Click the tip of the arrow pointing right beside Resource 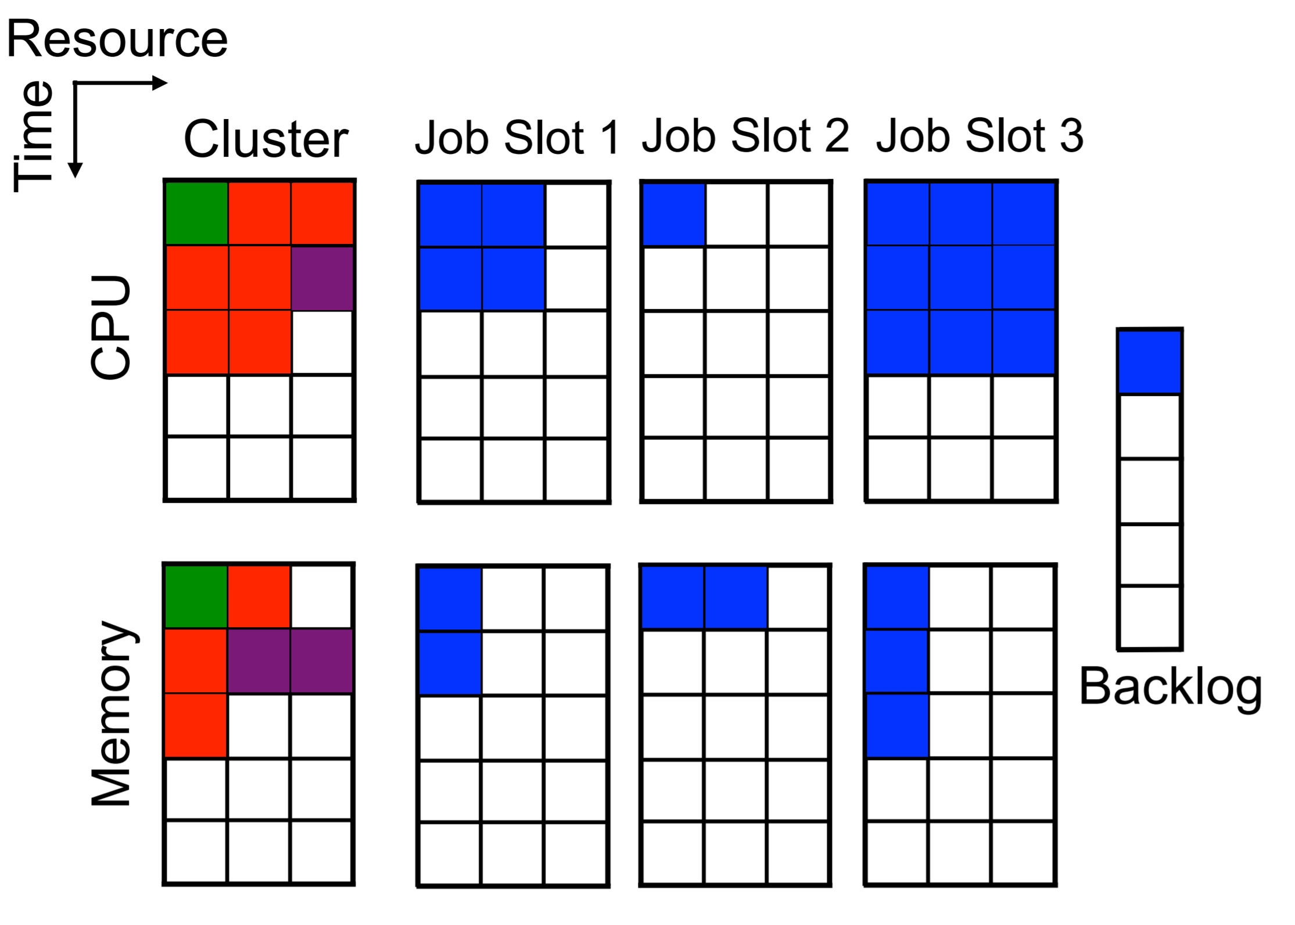tap(168, 83)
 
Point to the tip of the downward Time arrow tap(75, 178)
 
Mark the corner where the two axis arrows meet tap(75, 83)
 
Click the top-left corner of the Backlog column tap(1117, 329)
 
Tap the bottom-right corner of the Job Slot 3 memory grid tap(1056, 886)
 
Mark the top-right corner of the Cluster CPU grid tap(354, 180)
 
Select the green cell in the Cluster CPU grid tap(197, 213)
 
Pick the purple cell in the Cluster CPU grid tap(322, 278)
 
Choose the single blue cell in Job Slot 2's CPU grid tap(674, 214)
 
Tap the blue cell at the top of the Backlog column tap(1150, 362)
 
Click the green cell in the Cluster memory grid tap(196, 597)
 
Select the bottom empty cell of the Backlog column tap(1150, 617)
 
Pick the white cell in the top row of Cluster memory tap(321, 597)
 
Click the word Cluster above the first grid tap(266, 139)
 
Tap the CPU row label tap(110, 327)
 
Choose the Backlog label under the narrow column tap(1171, 688)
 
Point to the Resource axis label tap(117, 39)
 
